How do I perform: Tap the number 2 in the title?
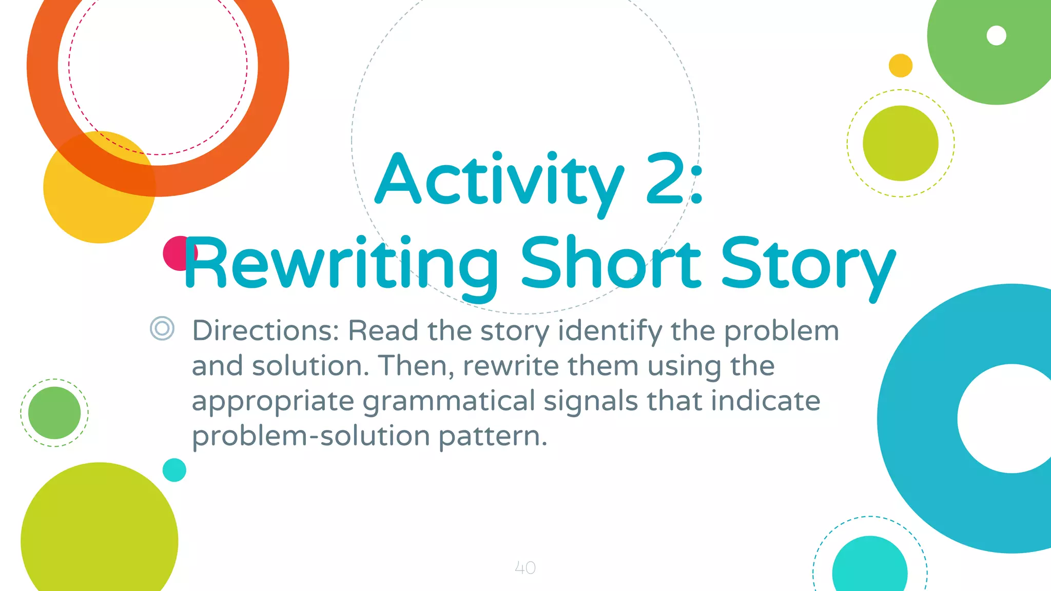click(x=666, y=179)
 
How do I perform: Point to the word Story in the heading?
click(x=808, y=264)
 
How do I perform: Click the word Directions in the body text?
click(x=265, y=330)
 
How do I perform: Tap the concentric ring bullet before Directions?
click(x=162, y=328)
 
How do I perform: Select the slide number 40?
click(x=525, y=568)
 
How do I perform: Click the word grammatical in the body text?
click(x=449, y=401)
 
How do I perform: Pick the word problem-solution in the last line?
click(x=311, y=436)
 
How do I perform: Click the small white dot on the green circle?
click(x=996, y=35)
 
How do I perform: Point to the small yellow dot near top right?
click(x=900, y=66)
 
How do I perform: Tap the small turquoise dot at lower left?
click(x=174, y=470)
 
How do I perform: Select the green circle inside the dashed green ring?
click(x=54, y=413)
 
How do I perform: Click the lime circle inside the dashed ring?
click(x=900, y=143)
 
